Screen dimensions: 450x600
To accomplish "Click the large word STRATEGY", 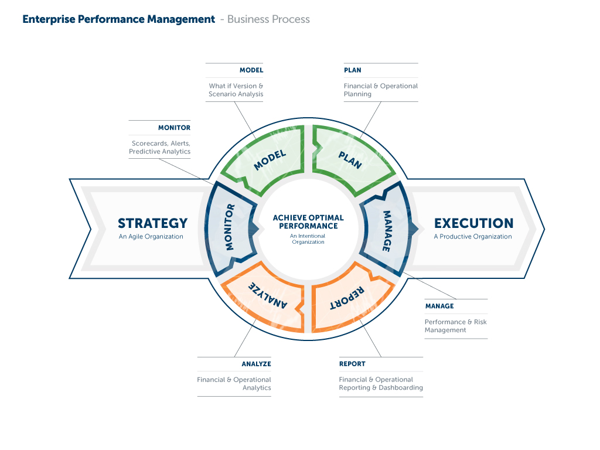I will pyautogui.click(x=152, y=223).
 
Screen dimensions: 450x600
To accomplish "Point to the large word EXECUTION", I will pyautogui.click(x=473, y=223).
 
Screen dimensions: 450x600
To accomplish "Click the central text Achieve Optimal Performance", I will pyautogui.click(x=308, y=221).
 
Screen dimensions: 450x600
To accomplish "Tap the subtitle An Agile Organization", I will pyautogui.click(x=151, y=237).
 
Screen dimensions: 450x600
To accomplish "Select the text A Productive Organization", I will pyautogui.click(x=473, y=237).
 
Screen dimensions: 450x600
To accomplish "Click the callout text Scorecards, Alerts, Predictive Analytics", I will pyautogui.click(x=160, y=147).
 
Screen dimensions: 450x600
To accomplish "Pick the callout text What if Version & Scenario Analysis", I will pyautogui.click(x=236, y=90).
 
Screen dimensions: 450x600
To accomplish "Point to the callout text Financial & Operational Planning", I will pyautogui.click(x=381, y=90).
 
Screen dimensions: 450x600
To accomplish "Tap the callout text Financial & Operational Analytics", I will pyautogui.click(x=234, y=383).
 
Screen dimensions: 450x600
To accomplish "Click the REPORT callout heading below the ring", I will pyautogui.click(x=352, y=364).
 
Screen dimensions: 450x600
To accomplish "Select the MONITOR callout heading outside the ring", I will pyautogui.click(x=174, y=128).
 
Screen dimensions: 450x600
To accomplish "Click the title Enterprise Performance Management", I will pyautogui.click(x=118, y=19).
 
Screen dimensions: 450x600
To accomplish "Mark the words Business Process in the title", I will pyautogui.click(x=268, y=19).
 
